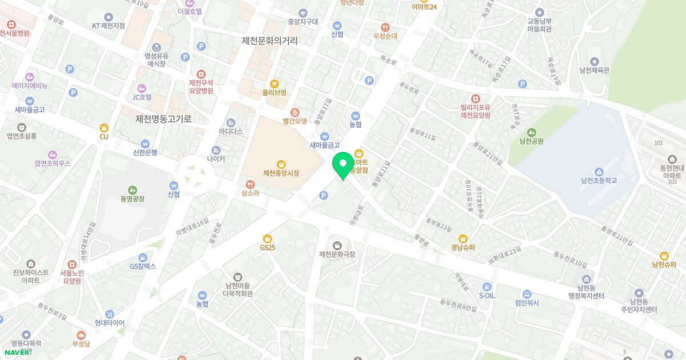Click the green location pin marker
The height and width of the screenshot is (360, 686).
click(343, 165)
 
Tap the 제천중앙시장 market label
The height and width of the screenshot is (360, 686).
click(281, 173)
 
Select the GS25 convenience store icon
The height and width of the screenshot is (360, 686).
click(267, 238)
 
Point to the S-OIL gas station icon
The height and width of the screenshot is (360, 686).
click(486, 286)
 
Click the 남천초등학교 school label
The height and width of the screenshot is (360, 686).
click(599, 181)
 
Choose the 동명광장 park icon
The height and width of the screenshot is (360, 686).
click(133, 190)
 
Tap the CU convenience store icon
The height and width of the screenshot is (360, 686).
click(103, 128)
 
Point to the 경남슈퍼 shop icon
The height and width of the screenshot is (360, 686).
click(463, 239)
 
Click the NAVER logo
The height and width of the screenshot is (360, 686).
click(17, 352)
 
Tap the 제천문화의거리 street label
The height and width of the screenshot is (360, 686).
click(270, 41)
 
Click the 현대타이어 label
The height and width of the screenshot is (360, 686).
click(110, 323)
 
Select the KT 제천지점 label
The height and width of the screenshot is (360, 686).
click(109, 26)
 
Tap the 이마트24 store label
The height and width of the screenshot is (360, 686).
click(424, 7)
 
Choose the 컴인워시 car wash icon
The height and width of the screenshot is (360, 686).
click(527, 294)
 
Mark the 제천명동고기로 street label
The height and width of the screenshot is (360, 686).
click(163, 119)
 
